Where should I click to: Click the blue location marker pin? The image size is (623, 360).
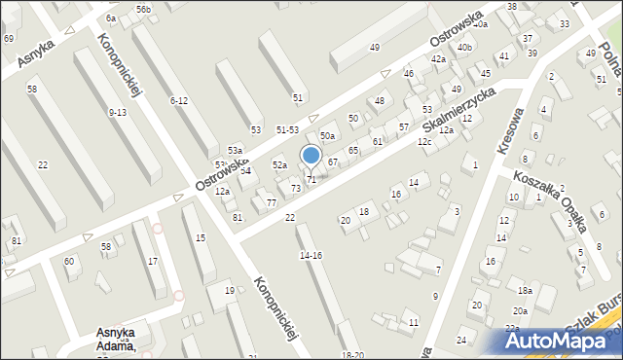pyautogui.click(x=311, y=156)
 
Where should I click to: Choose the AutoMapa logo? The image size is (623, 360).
pyautogui.click(x=558, y=341)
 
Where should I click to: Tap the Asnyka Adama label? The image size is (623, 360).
pyautogui.click(x=115, y=339)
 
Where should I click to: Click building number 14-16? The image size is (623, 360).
pyautogui.click(x=311, y=255)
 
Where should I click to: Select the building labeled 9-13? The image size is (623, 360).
pyautogui.click(x=118, y=113)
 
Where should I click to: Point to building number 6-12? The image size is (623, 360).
pyautogui.click(x=178, y=101)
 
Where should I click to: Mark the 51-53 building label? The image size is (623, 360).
pyautogui.click(x=287, y=129)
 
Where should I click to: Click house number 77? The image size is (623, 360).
pyautogui.click(x=272, y=202)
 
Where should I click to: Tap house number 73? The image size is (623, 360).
pyautogui.click(x=296, y=188)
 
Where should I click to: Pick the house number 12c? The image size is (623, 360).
pyautogui.click(x=424, y=142)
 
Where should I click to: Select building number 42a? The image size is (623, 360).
pyautogui.click(x=439, y=59)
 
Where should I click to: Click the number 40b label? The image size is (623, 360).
pyautogui.click(x=464, y=47)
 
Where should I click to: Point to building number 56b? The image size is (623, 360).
pyautogui.click(x=143, y=9)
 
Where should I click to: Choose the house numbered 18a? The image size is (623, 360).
pyautogui.click(x=525, y=291)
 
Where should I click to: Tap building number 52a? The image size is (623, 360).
pyautogui.click(x=279, y=165)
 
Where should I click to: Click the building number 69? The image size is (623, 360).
pyautogui.click(x=9, y=38)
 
